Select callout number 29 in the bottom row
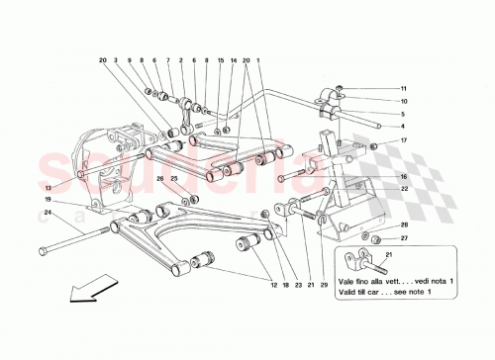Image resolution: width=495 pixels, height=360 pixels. coord(323,286)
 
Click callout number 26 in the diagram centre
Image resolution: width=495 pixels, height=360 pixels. coord(158,178)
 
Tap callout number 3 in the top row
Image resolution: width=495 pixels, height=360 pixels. coord(115,59)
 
